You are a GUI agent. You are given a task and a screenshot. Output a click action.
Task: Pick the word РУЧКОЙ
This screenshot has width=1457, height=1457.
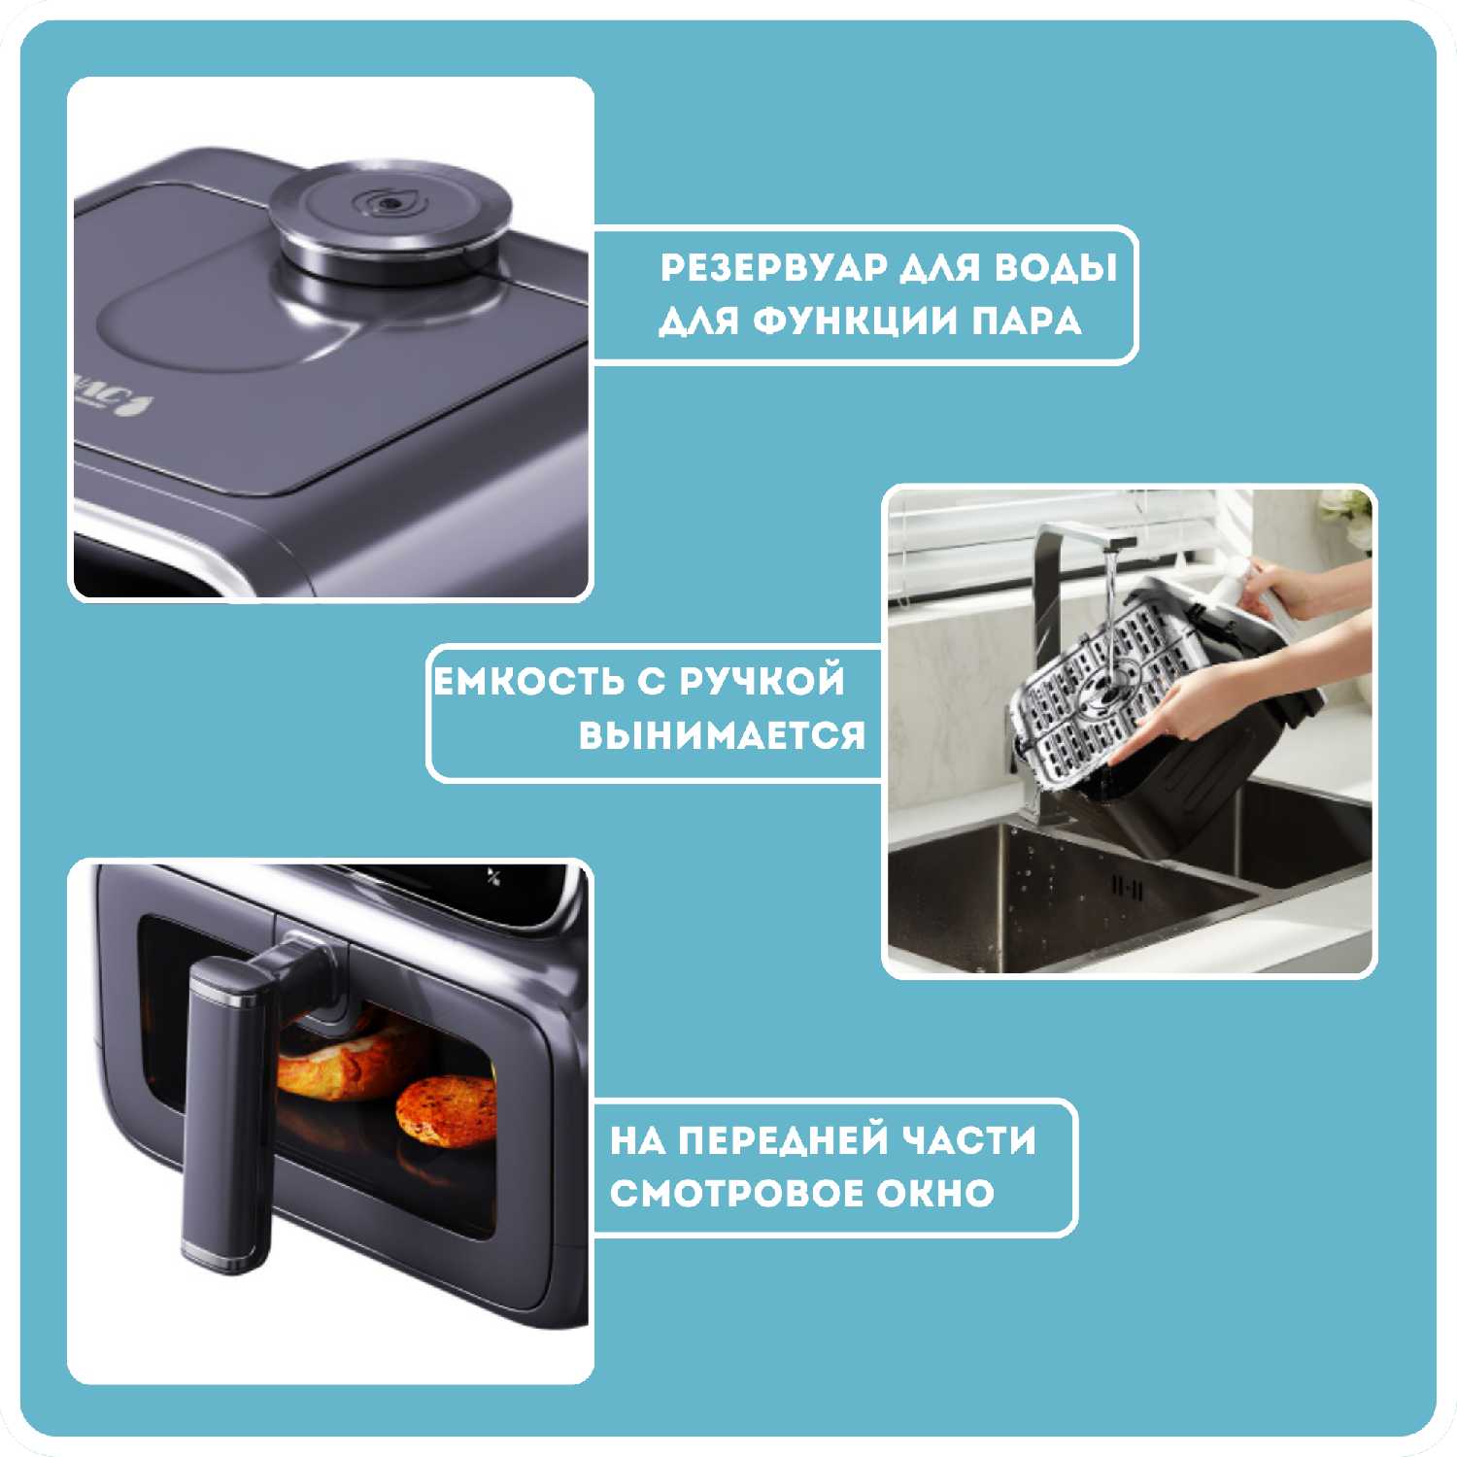[x=762, y=681]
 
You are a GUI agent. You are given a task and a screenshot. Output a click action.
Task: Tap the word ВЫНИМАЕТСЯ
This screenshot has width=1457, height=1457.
[x=722, y=735]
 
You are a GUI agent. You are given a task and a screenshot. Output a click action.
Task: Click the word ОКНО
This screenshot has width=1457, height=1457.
[x=936, y=1193]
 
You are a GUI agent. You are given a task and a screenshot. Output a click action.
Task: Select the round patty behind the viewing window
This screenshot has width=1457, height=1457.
[x=446, y=1110]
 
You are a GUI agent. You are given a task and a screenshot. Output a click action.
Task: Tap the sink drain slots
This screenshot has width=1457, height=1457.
[x=1128, y=889]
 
